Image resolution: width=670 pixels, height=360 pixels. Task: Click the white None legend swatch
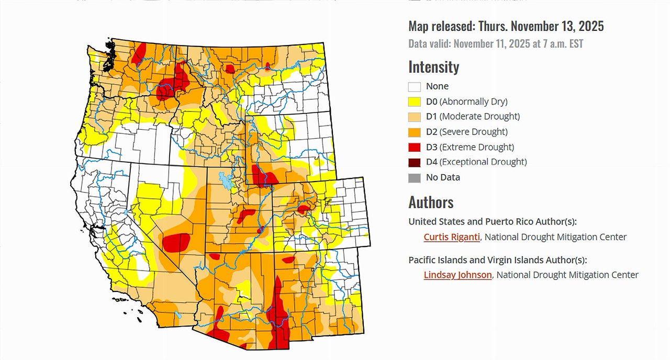(x=415, y=87)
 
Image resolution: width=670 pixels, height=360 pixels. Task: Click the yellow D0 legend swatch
(x=415, y=102)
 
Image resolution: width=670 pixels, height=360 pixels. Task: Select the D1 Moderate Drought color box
(x=415, y=117)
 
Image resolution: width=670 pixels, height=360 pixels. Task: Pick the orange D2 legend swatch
(x=415, y=132)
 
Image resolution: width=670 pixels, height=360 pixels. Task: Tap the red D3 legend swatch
(x=415, y=147)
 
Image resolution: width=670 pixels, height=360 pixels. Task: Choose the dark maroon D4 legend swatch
(x=415, y=162)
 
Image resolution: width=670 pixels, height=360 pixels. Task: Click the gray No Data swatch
(x=415, y=177)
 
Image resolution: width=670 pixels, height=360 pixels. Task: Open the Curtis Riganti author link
(x=452, y=237)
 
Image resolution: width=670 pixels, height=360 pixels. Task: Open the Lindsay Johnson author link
(x=457, y=275)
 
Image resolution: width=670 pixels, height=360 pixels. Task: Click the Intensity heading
(x=433, y=67)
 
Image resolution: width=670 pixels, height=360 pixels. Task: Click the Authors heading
(x=431, y=203)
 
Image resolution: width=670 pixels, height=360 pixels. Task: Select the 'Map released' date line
(x=506, y=26)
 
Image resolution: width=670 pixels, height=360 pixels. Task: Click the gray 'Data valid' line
(x=495, y=43)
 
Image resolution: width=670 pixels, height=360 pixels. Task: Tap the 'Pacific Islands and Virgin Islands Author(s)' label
(x=498, y=260)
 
